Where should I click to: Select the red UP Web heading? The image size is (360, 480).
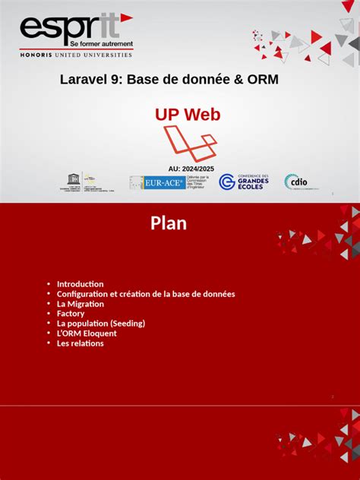(x=188, y=115)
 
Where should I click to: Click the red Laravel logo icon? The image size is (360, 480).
(x=191, y=142)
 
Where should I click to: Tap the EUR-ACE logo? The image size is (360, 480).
(x=147, y=182)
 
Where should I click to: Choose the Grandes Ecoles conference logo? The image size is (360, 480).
(x=245, y=182)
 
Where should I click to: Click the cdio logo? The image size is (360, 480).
(x=296, y=182)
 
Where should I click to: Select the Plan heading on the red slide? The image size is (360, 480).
(x=169, y=223)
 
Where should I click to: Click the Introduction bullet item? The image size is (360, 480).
(x=80, y=284)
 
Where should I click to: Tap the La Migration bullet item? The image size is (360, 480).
(x=80, y=304)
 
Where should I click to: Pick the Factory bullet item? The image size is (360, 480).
(x=71, y=314)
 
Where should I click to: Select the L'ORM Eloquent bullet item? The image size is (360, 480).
(x=87, y=333)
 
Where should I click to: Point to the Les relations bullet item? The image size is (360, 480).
(x=80, y=343)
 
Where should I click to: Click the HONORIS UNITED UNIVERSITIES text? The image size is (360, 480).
(x=75, y=55)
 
